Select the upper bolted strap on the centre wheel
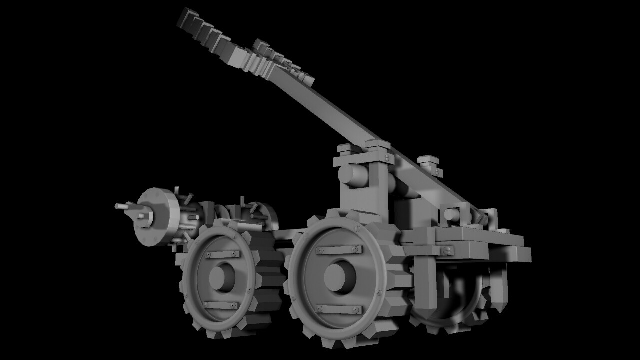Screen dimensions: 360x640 click(x=340, y=249)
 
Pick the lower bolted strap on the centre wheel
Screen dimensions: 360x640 click(x=340, y=309)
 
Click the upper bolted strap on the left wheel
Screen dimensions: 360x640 click(x=222, y=254)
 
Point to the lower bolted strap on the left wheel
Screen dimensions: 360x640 click(x=221, y=305)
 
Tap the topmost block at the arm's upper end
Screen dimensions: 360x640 click(x=186, y=17)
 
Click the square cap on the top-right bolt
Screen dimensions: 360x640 click(x=428, y=160)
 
